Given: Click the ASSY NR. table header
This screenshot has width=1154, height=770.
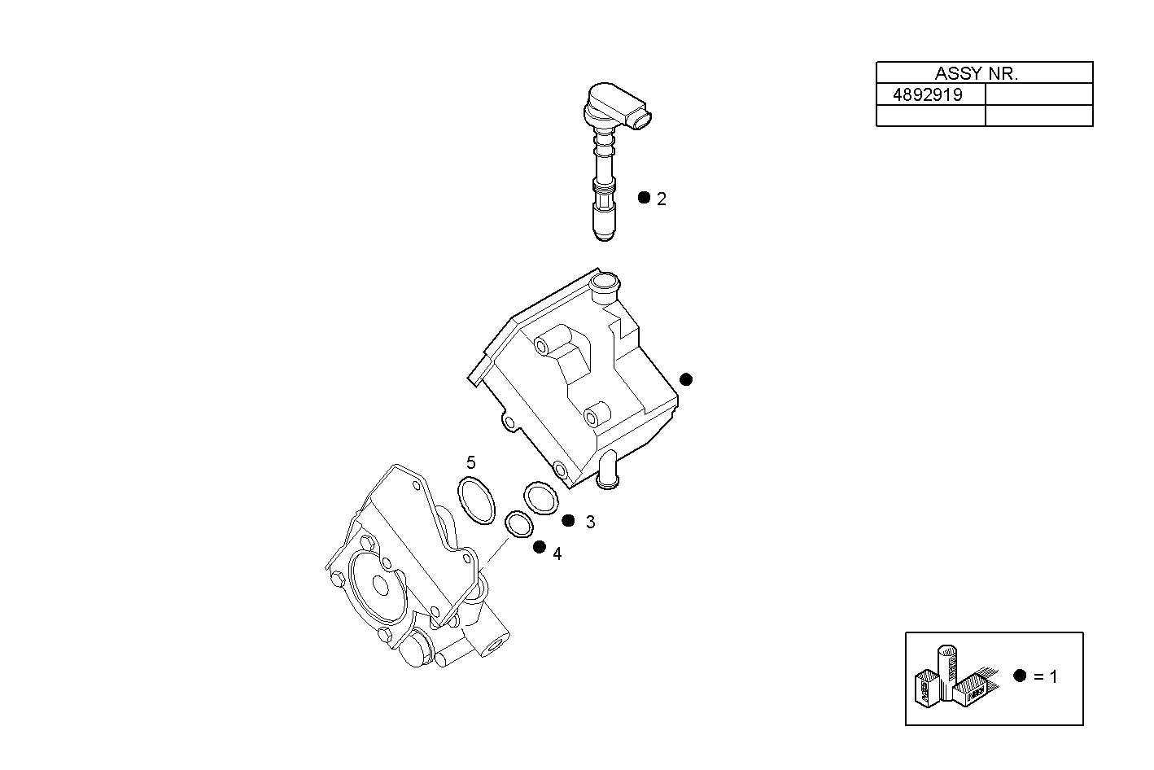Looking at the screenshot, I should (x=984, y=73).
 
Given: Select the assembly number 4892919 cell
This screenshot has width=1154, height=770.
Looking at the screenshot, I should (x=928, y=94).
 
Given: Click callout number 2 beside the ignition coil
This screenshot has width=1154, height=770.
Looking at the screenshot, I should (x=662, y=199).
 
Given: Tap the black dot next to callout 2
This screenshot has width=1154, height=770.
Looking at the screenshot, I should (x=644, y=198).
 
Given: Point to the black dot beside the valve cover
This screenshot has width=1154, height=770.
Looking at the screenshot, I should (x=686, y=379).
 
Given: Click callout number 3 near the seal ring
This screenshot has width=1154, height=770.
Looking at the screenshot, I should (x=590, y=523).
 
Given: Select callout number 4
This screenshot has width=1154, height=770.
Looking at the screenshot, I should (x=557, y=554).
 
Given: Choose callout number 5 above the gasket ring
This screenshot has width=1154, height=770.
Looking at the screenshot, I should (x=470, y=463).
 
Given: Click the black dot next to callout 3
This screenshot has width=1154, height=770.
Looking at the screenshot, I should (x=568, y=521).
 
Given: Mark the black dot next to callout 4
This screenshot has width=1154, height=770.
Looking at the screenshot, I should (x=539, y=547).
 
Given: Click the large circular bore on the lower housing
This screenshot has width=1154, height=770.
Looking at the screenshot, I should (x=378, y=585).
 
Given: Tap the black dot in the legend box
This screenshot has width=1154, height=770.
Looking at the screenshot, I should (x=1020, y=675).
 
